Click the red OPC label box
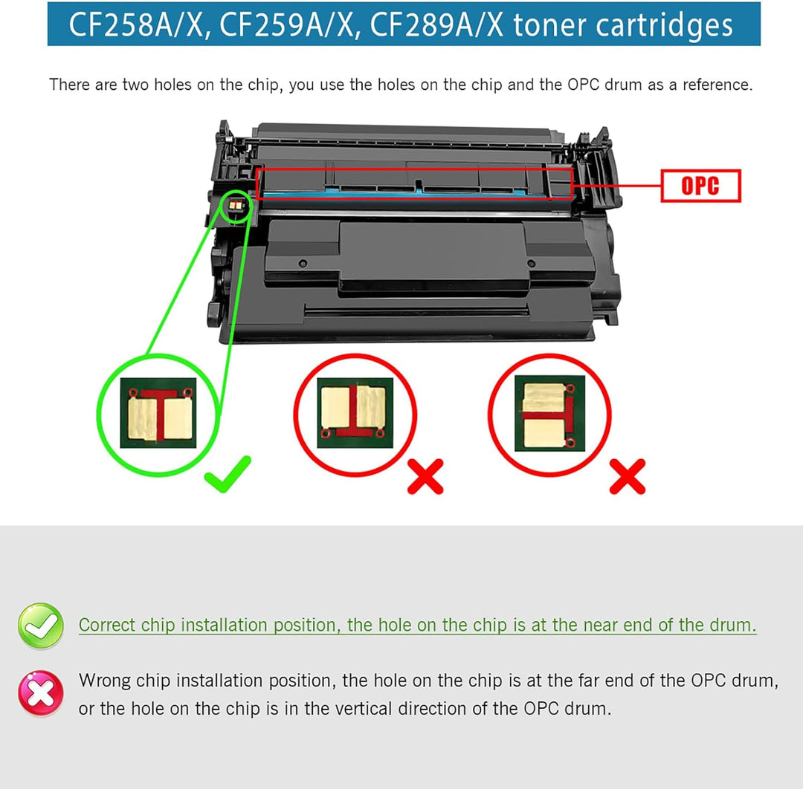(700, 185)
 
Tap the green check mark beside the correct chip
(228, 474)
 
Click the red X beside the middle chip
(425, 476)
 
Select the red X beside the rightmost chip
(628, 476)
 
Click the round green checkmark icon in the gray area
(41, 626)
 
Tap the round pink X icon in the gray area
(41, 693)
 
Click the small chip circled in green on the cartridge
(236, 205)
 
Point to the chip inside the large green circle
(158, 413)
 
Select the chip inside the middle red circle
(355, 413)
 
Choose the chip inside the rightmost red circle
(549, 413)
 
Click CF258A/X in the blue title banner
(139, 25)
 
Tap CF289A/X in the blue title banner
(436, 25)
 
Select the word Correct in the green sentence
(107, 625)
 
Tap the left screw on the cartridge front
(303, 264)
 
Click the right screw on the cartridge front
(531, 264)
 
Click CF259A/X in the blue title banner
(287, 25)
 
